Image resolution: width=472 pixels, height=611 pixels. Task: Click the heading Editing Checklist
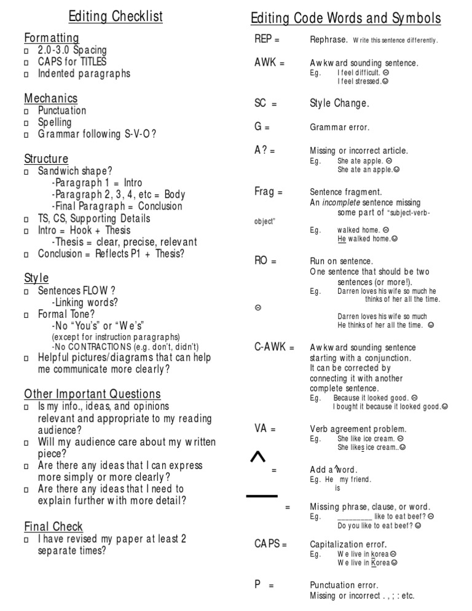[116, 17]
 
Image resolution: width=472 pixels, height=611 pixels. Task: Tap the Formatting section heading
[52, 38]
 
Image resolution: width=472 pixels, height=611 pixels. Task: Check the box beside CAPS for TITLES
[26, 63]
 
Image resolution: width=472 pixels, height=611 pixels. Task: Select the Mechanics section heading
[51, 98]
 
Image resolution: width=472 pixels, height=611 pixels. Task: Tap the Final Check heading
[53, 527]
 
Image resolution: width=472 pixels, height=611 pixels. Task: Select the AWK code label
[265, 63]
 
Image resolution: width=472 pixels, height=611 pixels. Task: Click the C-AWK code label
[270, 347]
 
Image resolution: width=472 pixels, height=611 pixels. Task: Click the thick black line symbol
[262, 495]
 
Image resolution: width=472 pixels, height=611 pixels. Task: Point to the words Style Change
[339, 103]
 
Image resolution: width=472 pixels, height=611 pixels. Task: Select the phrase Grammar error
[339, 127]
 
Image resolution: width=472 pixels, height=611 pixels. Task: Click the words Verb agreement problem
[358, 428]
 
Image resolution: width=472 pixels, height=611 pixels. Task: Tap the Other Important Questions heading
[92, 394]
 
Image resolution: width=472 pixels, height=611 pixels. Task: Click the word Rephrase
[329, 40]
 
